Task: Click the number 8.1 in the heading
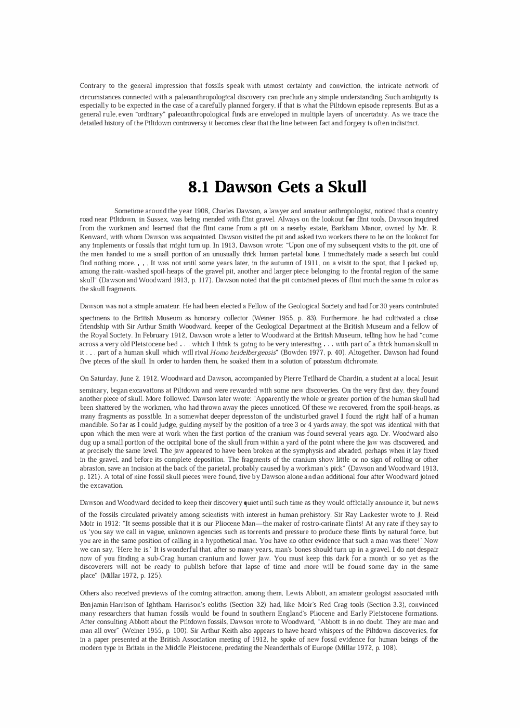(x=199, y=187)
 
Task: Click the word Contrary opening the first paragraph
(x=92, y=86)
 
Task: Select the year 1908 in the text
(x=200, y=211)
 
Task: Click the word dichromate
(x=359, y=361)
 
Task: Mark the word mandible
(x=93, y=425)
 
